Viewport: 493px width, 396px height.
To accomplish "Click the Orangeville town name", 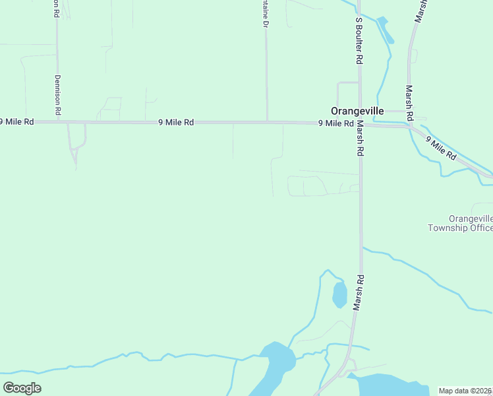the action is (357, 111).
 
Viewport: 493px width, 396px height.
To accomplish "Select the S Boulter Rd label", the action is (359, 40).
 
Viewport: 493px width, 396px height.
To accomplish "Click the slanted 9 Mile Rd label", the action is (441, 148).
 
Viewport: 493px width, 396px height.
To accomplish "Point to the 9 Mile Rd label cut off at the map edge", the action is (17, 121).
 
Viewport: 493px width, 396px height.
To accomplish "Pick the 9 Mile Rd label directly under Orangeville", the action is (335, 123).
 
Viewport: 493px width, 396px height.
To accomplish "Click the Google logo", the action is (22, 388).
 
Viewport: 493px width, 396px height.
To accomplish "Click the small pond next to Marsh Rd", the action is (339, 294).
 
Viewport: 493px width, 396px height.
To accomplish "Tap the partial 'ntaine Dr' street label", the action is (266, 15).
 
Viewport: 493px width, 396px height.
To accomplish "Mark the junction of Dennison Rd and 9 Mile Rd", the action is (58, 122).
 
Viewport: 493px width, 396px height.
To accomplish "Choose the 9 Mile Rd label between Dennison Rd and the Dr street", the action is (176, 122).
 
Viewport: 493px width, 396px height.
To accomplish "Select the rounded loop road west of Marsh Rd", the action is (307, 186).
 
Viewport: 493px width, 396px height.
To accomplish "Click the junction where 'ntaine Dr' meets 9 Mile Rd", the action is (266, 122).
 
